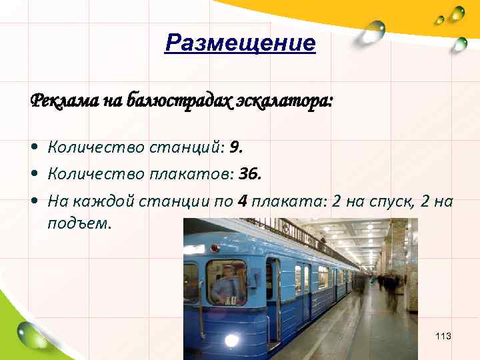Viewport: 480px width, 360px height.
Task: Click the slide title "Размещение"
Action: [240, 44]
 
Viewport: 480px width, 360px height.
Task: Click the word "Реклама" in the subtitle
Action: [59, 101]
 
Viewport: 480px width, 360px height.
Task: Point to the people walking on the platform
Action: [390, 287]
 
